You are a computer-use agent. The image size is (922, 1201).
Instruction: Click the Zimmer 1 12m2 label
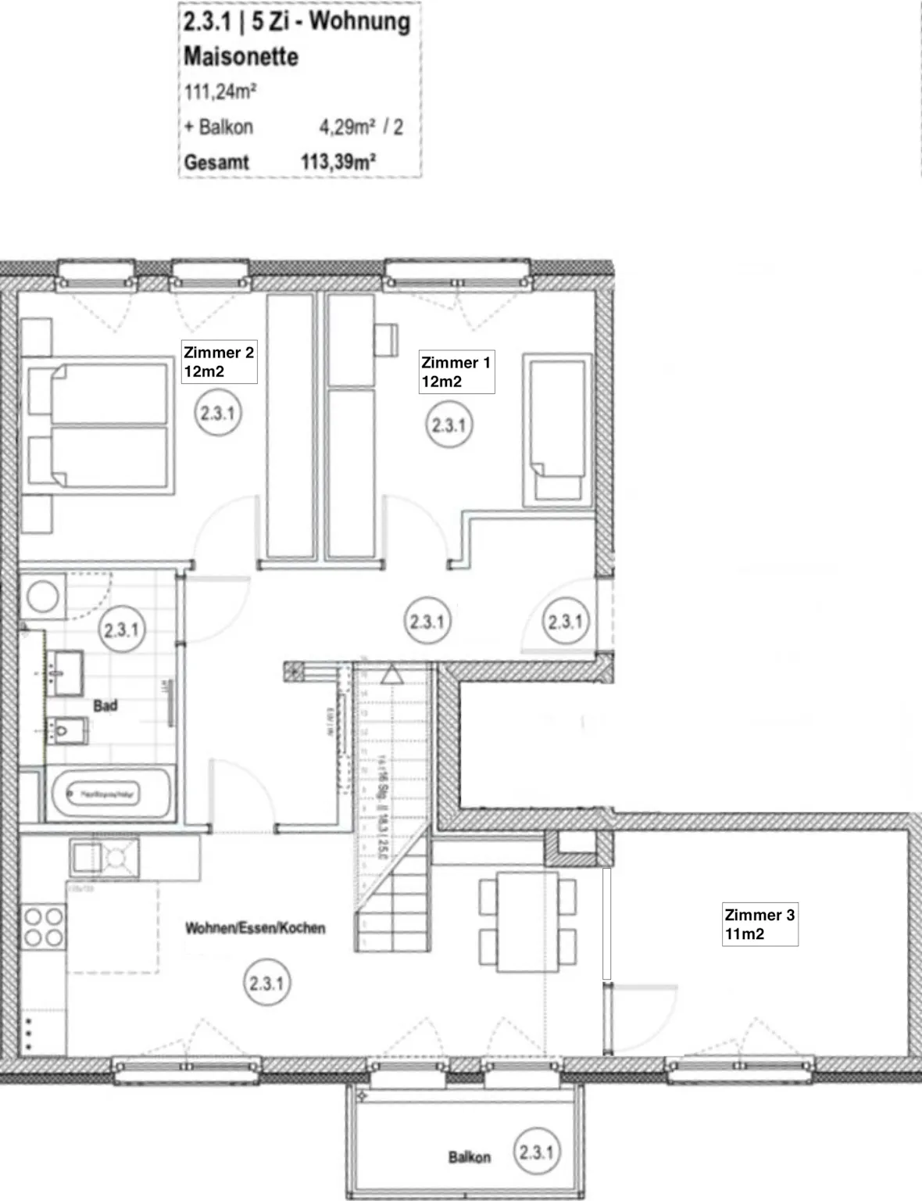pyautogui.click(x=456, y=372)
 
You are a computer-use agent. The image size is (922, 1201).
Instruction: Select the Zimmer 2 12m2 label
pyautogui.click(x=219, y=362)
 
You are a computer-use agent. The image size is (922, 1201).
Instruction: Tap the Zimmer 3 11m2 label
pyautogui.click(x=759, y=924)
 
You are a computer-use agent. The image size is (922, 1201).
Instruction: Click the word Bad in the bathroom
pyautogui.click(x=105, y=705)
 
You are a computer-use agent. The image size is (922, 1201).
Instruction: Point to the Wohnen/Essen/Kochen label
pyautogui.click(x=255, y=928)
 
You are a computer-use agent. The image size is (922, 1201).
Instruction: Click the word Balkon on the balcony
pyautogui.click(x=469, y=1156)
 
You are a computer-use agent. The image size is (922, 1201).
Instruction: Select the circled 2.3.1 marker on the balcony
pyautogui.click(x=536, y=1152)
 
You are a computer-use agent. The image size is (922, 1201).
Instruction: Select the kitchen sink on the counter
pyautogui.click(x=104, y=859)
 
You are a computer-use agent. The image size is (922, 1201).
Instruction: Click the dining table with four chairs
pyautogui.click(x=527, y=921)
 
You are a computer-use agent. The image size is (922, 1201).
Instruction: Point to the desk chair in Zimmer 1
pyautogui.click(x=386, y=340)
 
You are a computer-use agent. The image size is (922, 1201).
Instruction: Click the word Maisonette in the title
pyautogui.click(x=241, y=56)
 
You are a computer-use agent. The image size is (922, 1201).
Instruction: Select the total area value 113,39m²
pyautogui.click(x=338, y=162)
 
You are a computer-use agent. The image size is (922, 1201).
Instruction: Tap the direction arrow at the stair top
pyautogui.click(x=392, y=673)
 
